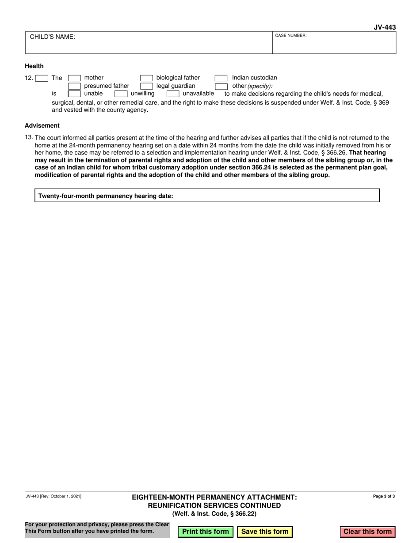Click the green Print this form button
click(205, 532)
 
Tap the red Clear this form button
click(367, 532)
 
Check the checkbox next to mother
click(74, 78)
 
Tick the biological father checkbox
click(146, 78)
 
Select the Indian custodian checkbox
click(221, 78)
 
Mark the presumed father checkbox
click(74, 86)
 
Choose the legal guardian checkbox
click(146, 86)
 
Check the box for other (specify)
click(221, 86)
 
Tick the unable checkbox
click(74, 94)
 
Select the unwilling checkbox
click(121, 94)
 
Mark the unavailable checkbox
click(173, 94)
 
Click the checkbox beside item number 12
click(42, 78)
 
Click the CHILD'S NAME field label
click(52, 38)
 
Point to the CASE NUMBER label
click(291, 35)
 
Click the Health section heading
click(34, 66)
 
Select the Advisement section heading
click(42, 125)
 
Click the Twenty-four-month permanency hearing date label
click(106, 196)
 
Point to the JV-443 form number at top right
click(384, 27)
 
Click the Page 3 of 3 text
click(384, 496)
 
